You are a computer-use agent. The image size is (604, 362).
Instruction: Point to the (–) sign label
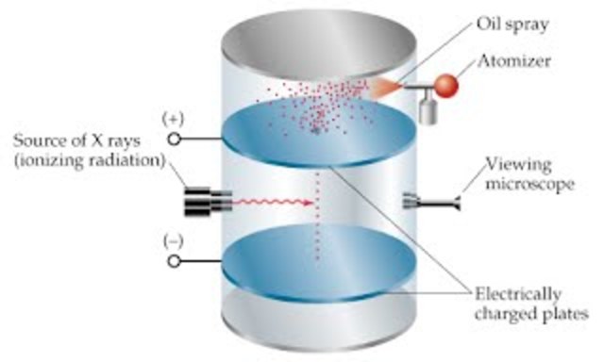[x=173, y=242]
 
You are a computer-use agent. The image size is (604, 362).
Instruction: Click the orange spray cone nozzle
[x=387, y=87]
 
